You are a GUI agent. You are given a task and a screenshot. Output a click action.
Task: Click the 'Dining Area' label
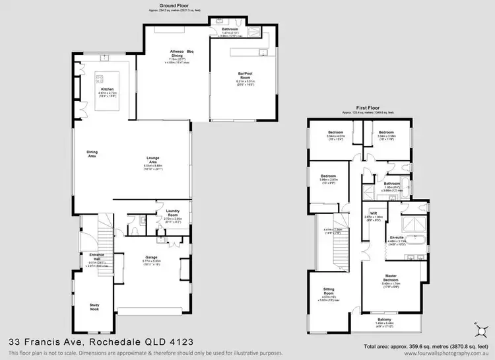[92, 155]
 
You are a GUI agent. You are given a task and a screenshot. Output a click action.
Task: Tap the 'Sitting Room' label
[328, 291]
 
